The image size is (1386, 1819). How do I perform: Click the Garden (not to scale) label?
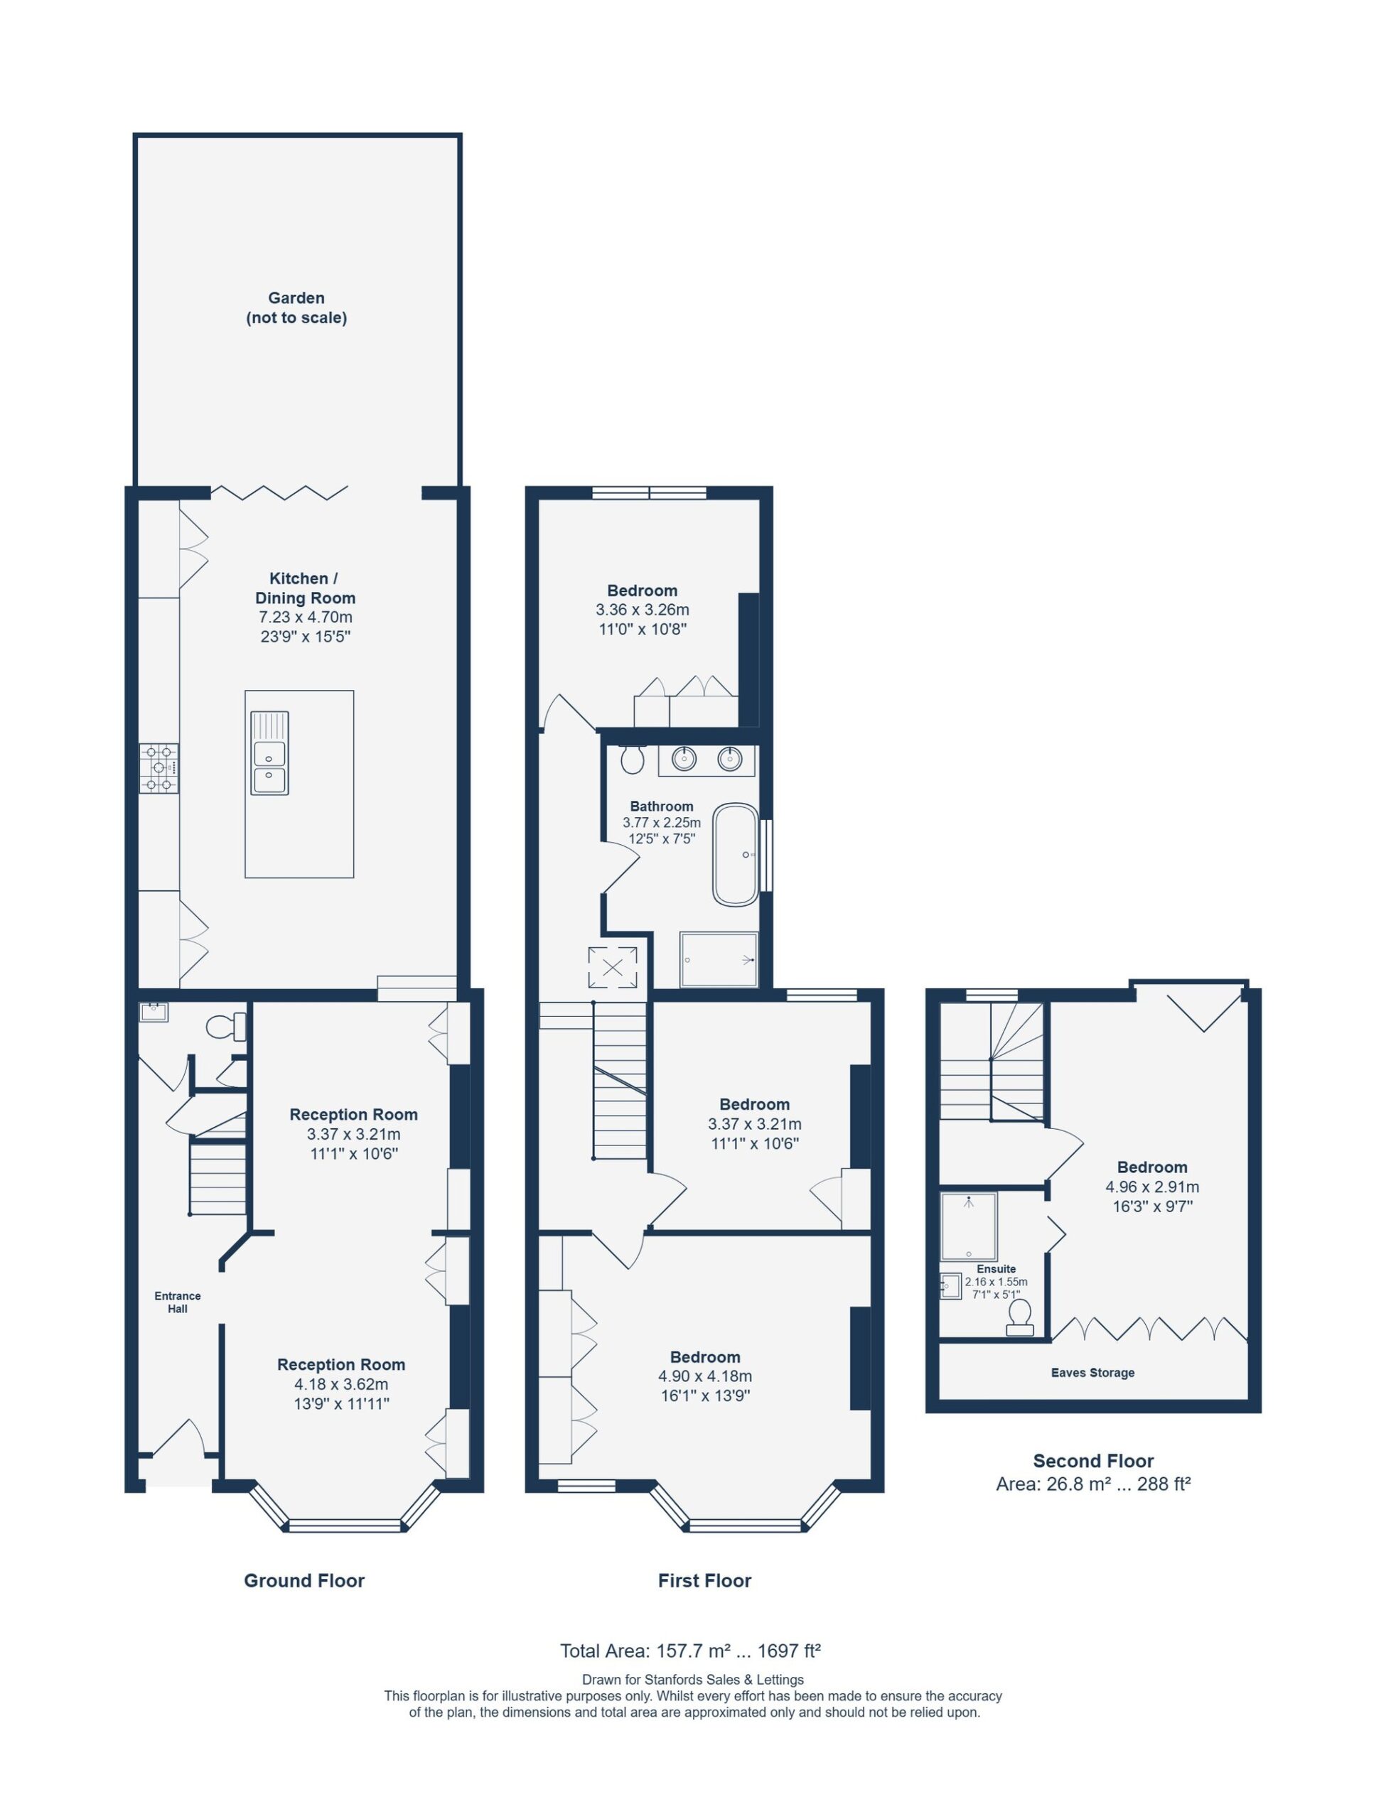296,308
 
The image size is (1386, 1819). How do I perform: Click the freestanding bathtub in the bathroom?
736,854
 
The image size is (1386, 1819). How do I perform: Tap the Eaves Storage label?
1092,1373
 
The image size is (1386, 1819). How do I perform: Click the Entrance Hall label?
178,1302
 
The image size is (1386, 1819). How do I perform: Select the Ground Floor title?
303,1580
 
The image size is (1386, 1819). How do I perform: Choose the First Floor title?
704,1580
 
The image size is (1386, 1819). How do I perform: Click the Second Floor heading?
1093,1460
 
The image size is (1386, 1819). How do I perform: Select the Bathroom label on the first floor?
662,806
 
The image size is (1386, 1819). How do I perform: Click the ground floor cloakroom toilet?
225,1027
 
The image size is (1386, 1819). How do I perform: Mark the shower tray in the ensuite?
969,1226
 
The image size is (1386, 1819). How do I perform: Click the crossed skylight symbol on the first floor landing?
612,967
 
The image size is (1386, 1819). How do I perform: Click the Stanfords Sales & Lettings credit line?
693,1680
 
